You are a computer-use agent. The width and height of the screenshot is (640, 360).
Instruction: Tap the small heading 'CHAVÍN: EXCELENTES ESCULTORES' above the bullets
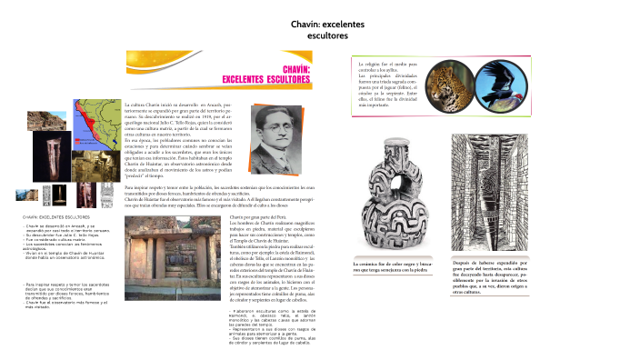coord(57,218)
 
